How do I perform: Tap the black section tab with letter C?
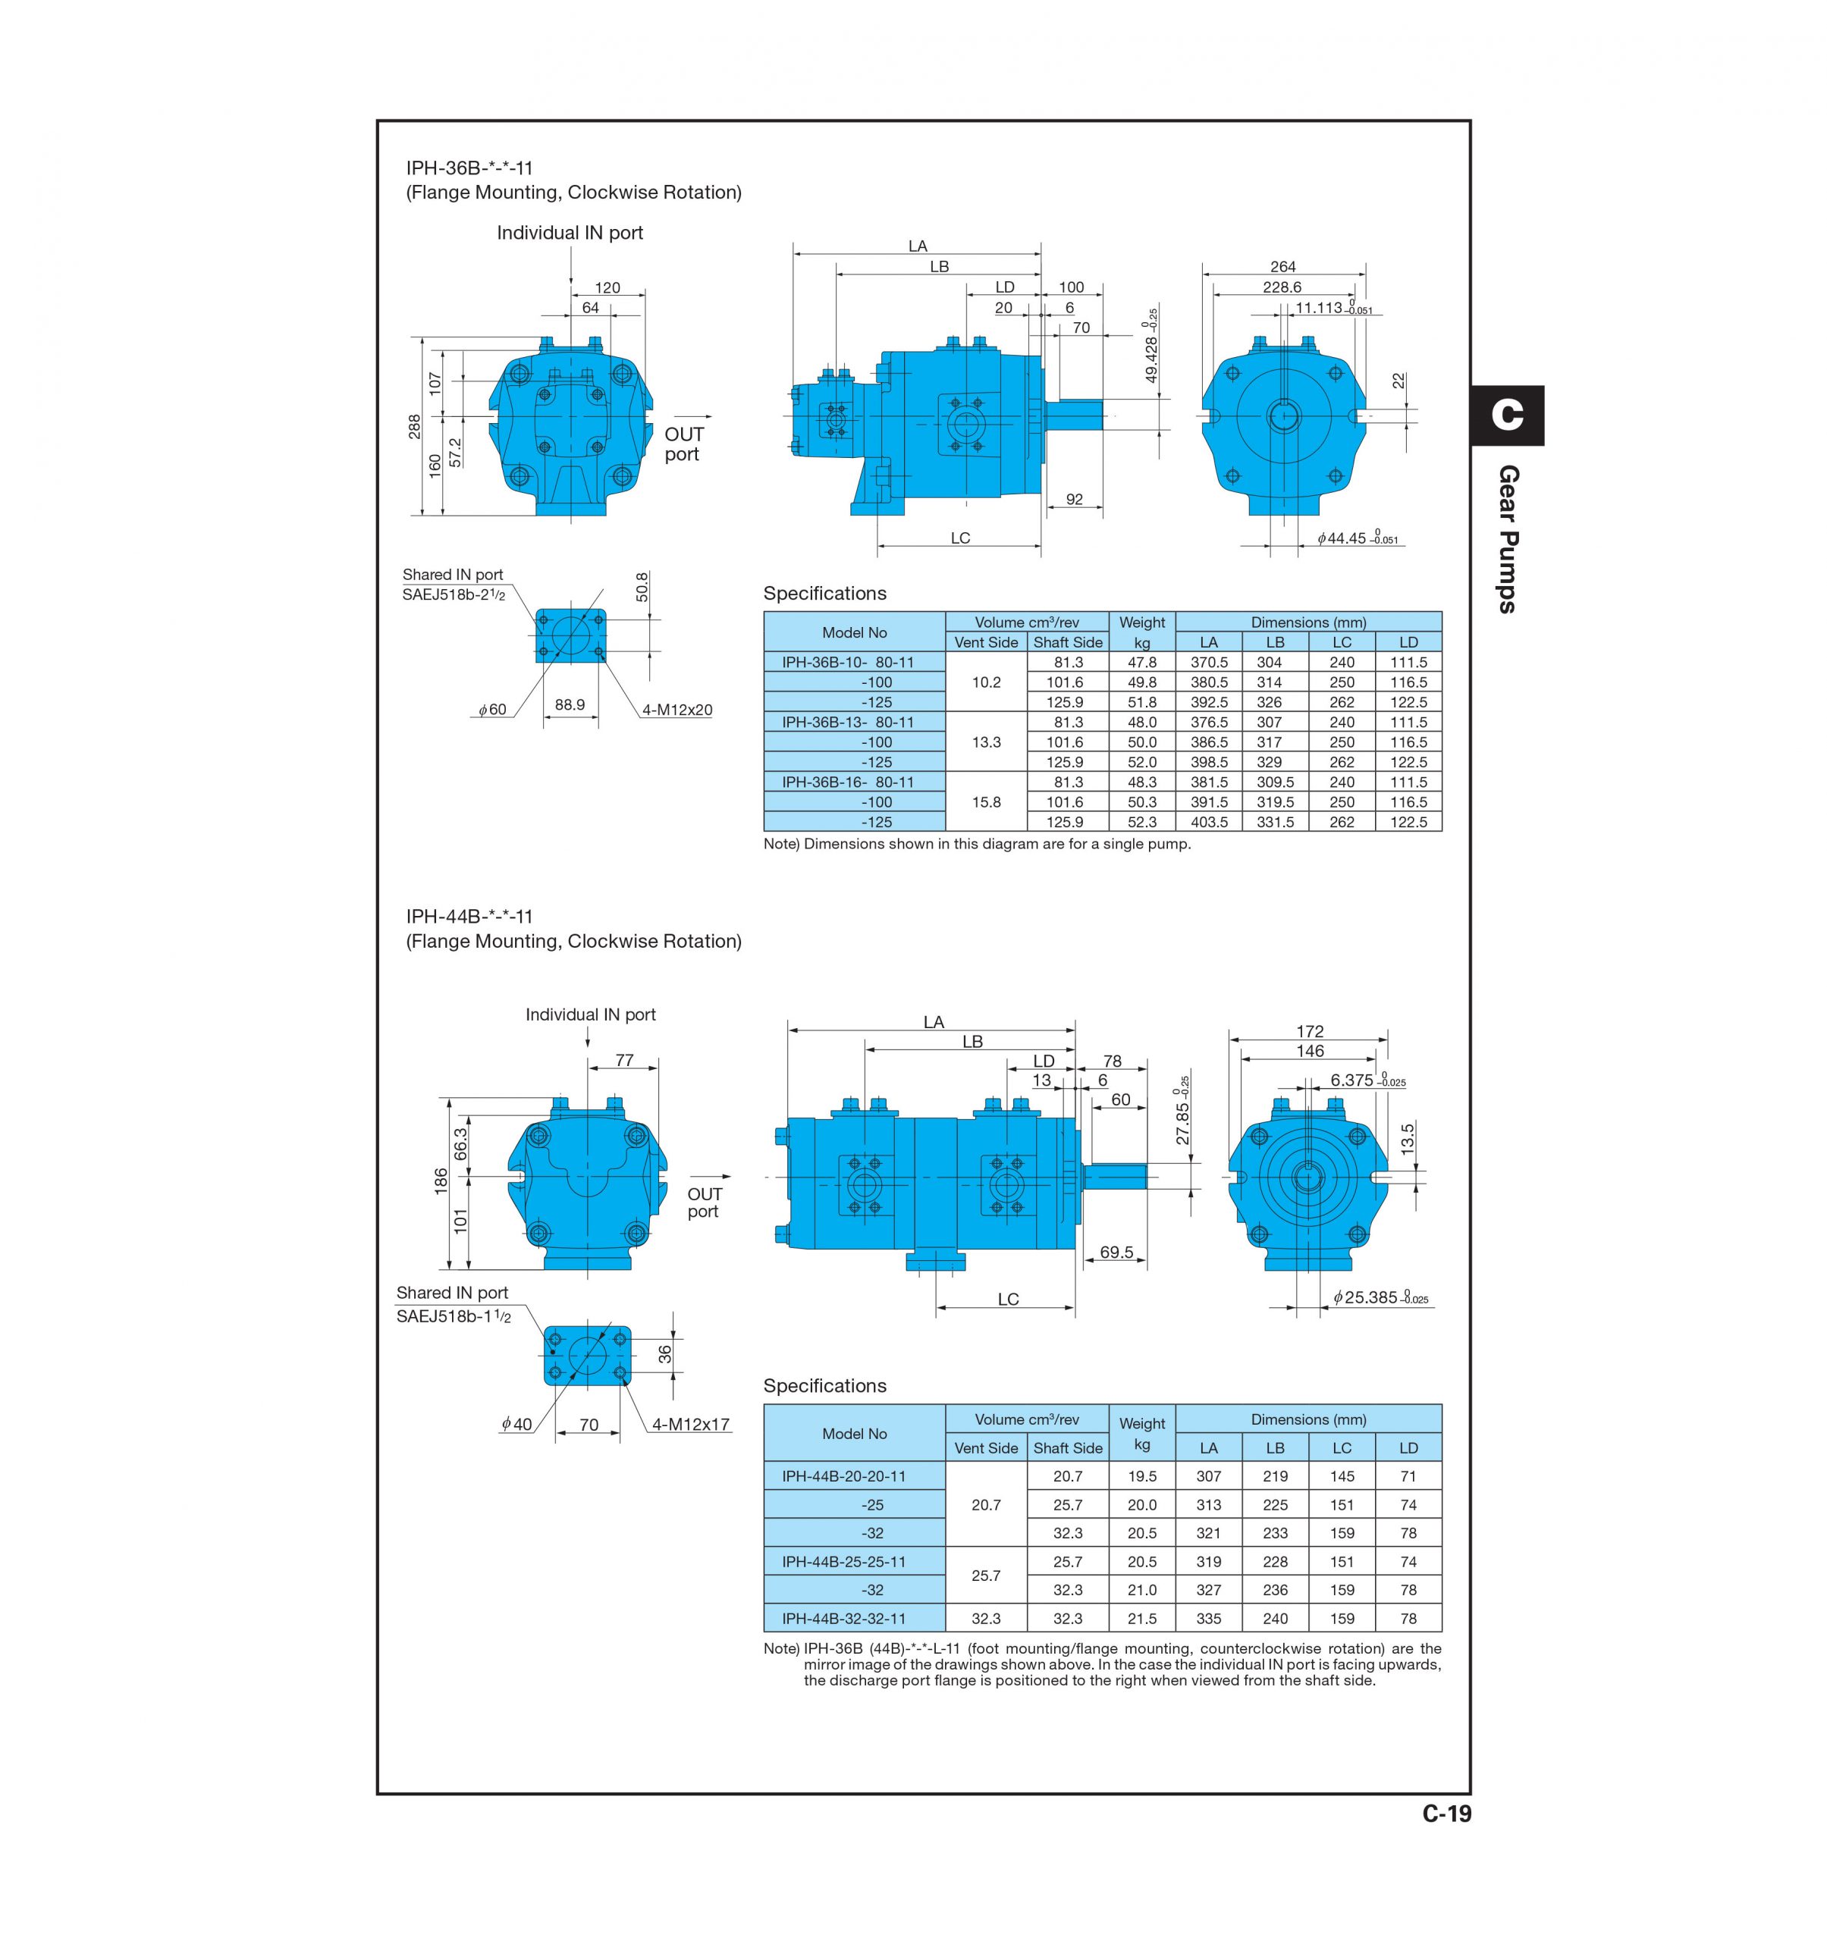(1507, 415)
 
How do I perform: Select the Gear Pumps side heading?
(1508, 539)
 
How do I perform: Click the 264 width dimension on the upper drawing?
(1282, 267)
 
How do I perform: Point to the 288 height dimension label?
(414, 427)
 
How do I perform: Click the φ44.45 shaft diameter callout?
(1358, 538)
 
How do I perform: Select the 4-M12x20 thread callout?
(676, 710)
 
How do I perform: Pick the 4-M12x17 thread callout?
(692, 1425)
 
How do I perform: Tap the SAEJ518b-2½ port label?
(453, 594)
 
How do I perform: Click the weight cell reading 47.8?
(1141, 662)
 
